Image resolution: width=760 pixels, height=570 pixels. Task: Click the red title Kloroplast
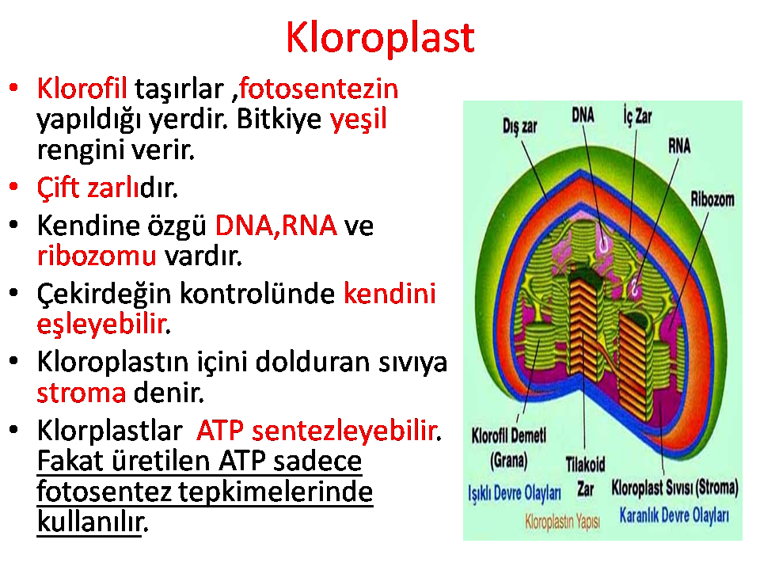point(380,38)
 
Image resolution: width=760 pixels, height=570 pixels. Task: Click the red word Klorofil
point(82,89)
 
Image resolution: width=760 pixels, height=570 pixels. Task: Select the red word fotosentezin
point(319,89)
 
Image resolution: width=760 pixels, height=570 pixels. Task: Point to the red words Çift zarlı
point(88,188)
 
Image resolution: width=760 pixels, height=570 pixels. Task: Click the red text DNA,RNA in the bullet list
point(275,226)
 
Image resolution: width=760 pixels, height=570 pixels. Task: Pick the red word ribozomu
point(97,256)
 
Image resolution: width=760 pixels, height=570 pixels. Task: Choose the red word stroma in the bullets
point(81,393)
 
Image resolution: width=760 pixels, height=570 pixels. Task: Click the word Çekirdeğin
point(104,294)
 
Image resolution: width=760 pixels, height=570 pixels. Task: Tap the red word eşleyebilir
point(102,325)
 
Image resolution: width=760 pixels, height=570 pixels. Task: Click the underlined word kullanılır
point(89,522)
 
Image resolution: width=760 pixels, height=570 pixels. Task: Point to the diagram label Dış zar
point(519,127)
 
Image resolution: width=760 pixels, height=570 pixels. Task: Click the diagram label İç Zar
point(638,116)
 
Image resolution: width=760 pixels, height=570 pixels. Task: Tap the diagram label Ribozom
point(712,199)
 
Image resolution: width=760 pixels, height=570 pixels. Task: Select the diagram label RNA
point(679,146)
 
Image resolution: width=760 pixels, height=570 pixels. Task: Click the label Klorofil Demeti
point(509,435)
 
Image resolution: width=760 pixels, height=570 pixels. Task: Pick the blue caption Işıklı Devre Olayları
point(515,493)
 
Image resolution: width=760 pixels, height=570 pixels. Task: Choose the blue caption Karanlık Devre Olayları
point(674,515)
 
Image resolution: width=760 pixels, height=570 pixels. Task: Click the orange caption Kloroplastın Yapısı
point(563,522)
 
